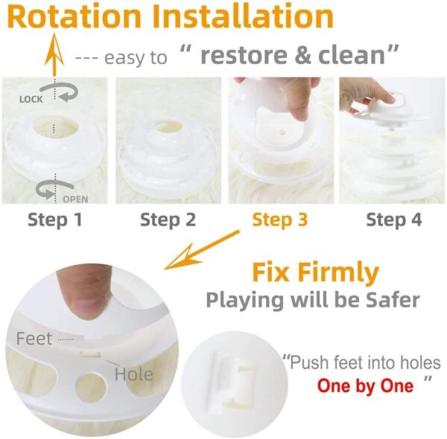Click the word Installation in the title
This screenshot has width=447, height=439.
coord(244,17)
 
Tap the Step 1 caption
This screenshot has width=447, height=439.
coord(54,219)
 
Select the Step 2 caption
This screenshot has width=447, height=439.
coord(168,219)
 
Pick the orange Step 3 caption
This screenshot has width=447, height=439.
coord(280,219)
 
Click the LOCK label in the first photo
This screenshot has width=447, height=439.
coord(31,97)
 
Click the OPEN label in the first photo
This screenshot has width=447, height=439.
coord(76,199)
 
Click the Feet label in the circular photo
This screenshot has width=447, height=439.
coord(34,339)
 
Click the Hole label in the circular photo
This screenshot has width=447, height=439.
coord(133,374)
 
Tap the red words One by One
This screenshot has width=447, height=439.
coord(365,386)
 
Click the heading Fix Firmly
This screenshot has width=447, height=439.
coord(314,273)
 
